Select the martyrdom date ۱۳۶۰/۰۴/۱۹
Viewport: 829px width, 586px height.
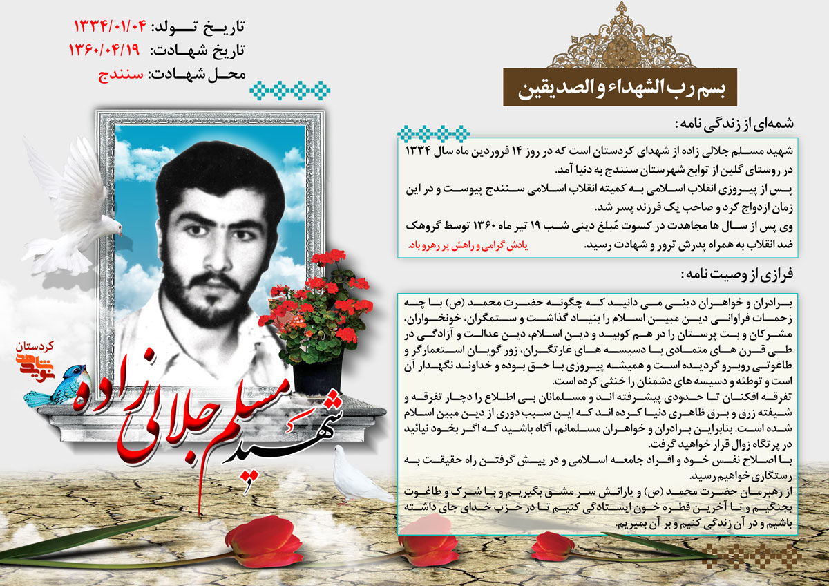pyautogui.click(x=104, y=50)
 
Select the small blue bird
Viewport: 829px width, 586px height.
pyautogui.click(x=55, y=387)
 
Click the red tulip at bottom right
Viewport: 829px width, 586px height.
pyautogui.click(x=553, y=546)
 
